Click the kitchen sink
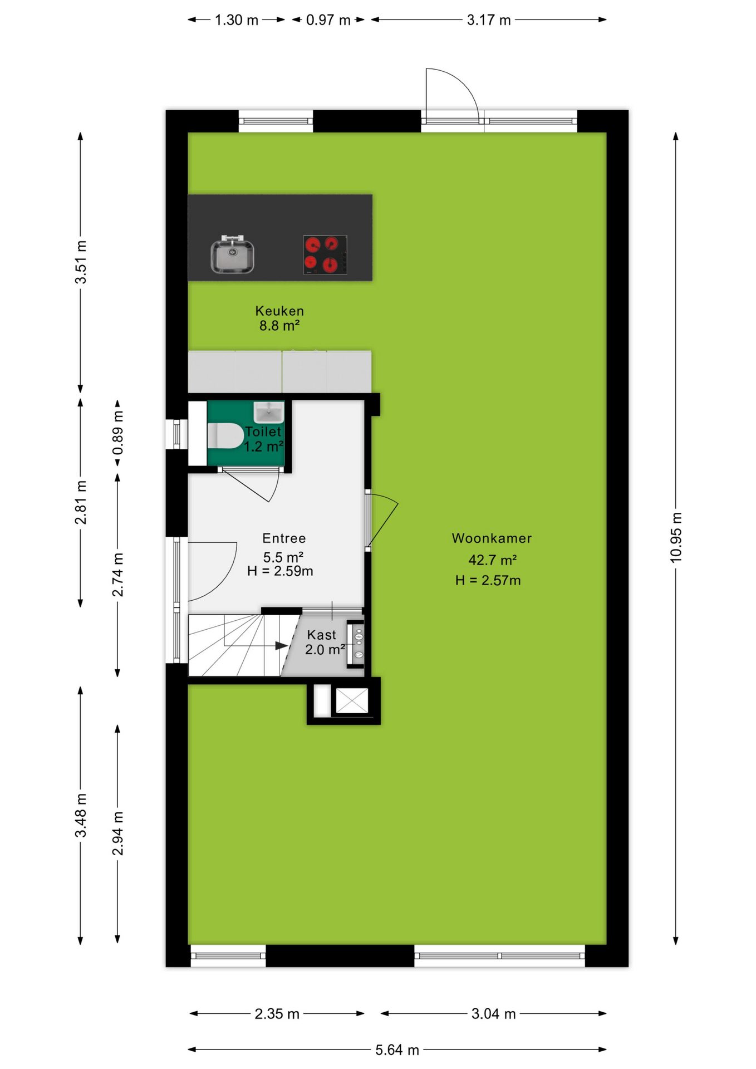(x=232, y=255)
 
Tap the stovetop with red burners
(x=325, y=254)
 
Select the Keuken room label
(x=279, y=311)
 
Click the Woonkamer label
(x=492, y=538)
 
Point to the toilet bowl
(x=225, y=435)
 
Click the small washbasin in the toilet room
(x=269, y=413)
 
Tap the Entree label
(x=284, y=538)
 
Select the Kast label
(x=321, y=635)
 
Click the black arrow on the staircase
(x=281, y=646)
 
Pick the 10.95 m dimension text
(x=675, y=537)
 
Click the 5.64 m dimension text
(x=397, y=1050)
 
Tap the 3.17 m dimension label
(x=489, y=20)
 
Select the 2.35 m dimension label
(x=277, y=1014)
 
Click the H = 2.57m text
(x=488, y=580)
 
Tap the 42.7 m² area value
(x=492, y=560)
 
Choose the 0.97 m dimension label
(x=328, y=20)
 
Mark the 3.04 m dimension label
(x=493, y=1014)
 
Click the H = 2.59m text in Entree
(x=280, y=571)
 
